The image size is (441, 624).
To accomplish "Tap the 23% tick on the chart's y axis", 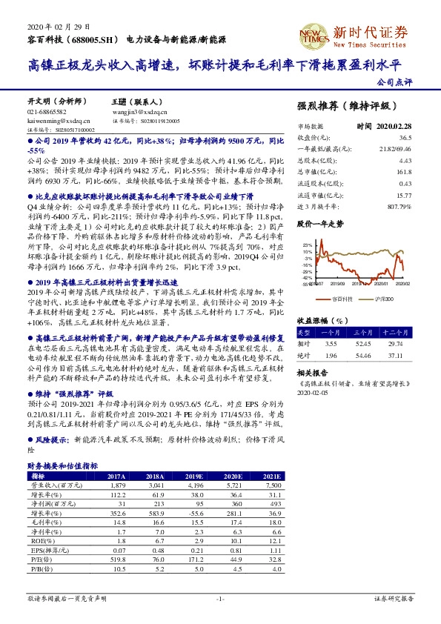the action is click(x=303, y=244).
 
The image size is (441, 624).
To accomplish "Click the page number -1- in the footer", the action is click(x=220, y=597).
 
